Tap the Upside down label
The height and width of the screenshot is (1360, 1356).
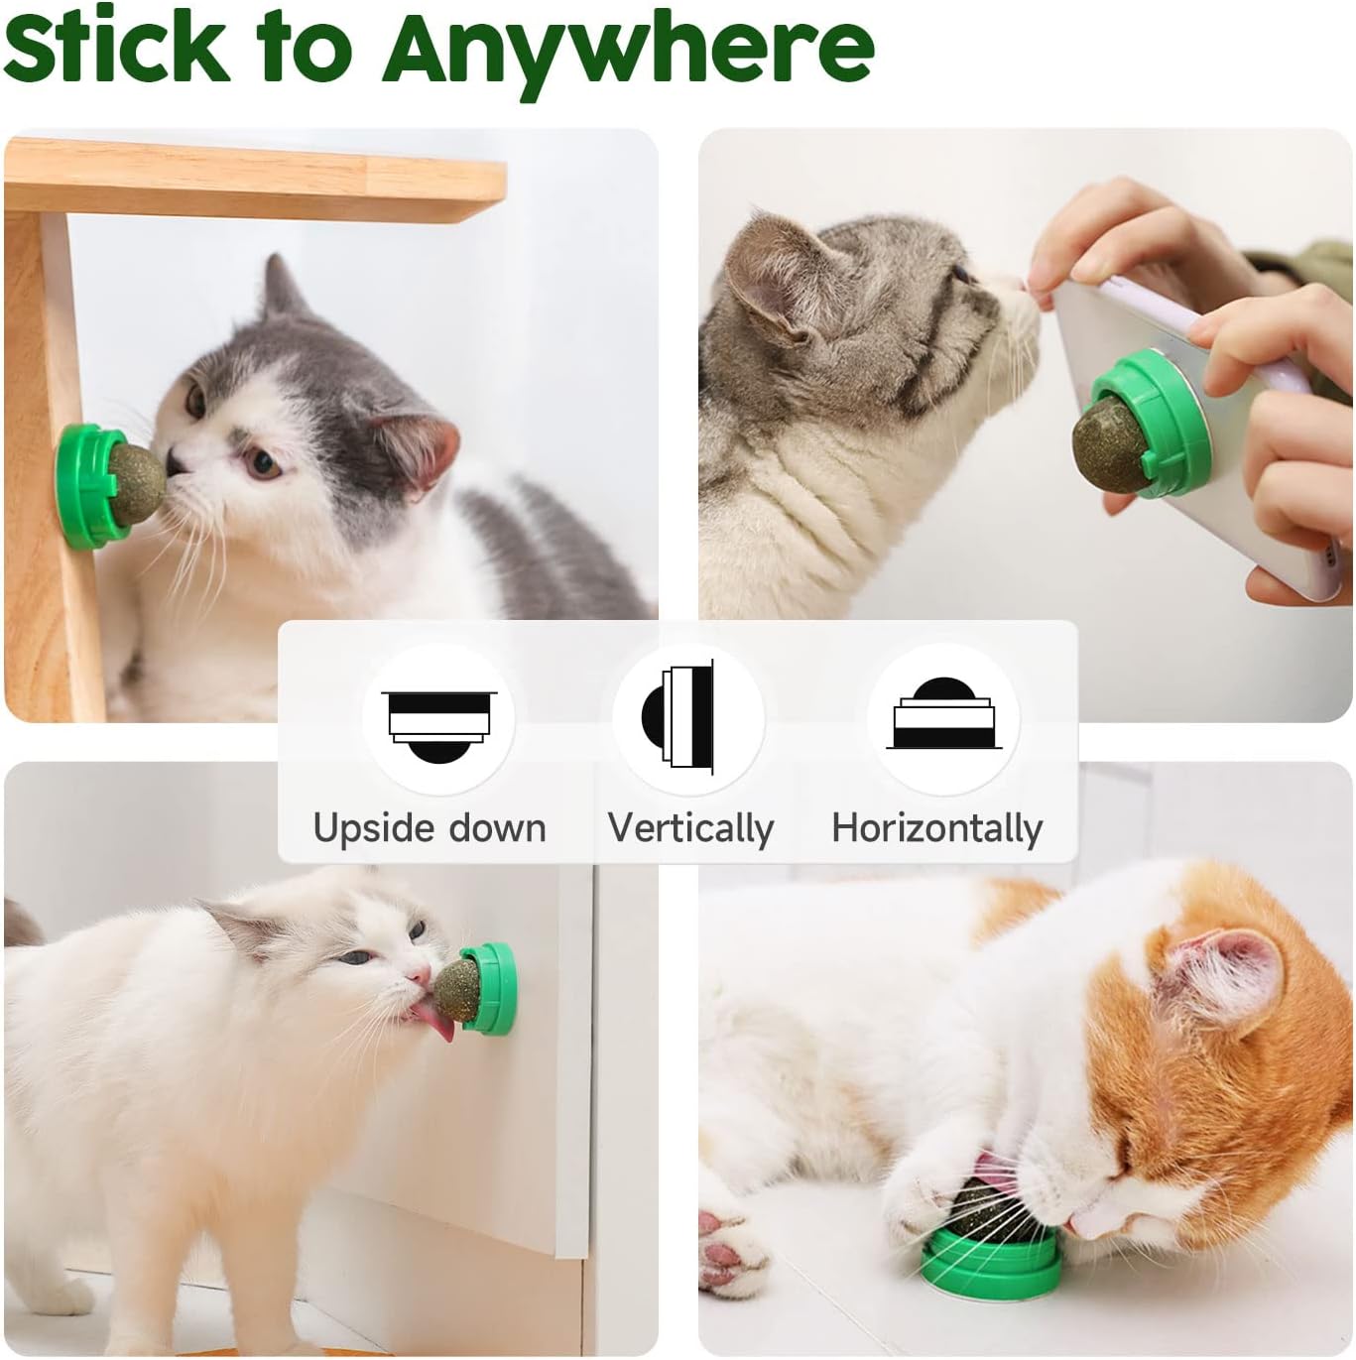[430, 828]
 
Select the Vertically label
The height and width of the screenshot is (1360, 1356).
[690, 828]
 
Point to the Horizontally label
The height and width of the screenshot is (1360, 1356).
[937, 828]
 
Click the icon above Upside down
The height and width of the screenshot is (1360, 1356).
[437, 719]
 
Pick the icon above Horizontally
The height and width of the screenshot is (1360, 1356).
[942, 714]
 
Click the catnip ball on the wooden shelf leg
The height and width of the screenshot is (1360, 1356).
[137, 481]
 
